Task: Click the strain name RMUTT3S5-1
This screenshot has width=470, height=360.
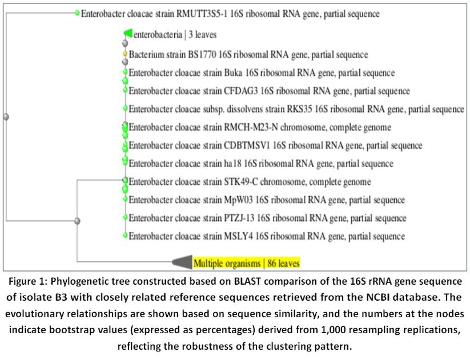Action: click(202, 14)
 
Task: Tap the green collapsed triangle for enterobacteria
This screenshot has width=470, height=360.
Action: click(128, 33)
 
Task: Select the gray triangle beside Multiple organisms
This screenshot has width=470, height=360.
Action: click(182, 262)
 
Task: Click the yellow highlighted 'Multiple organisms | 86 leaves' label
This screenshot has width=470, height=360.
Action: click(246, 263)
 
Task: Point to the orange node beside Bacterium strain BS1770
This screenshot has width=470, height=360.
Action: click(125, 54)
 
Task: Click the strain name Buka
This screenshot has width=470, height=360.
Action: click(233, 73)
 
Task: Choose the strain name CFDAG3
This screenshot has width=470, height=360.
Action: click(240, 91)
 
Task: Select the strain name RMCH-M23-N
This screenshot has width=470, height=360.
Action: click(251, 127)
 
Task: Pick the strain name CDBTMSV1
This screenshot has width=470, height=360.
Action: click(247, 145)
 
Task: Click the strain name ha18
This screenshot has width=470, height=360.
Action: click(232, 164)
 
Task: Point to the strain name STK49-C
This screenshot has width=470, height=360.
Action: click(240, 182)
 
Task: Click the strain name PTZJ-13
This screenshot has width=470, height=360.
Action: click(239, 218)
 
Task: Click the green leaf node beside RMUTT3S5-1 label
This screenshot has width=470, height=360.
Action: click(77, 13)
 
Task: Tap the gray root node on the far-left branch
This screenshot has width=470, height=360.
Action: click(6, 116)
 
